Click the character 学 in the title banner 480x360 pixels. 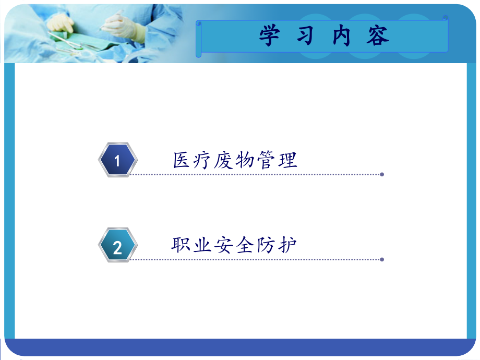pyautogui.click(x=270, y=35)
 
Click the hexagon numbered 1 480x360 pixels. pyautogui.click(x=117, y=160)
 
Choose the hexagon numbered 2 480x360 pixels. pyautogui.click(x=117, y=245)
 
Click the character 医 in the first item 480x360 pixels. pyautogui.click(x=182, y=160)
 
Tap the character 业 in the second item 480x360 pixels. pyautogui.click(x=202, y=245)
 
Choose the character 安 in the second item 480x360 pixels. pyautogui.click(x=223, y=245)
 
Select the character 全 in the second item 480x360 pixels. pyautogui.click(x=245, y=245)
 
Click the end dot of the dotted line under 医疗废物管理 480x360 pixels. pyautogui.click(x=382, y=174)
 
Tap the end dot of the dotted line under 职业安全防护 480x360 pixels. pyautogui.click(x=382, y=259)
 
